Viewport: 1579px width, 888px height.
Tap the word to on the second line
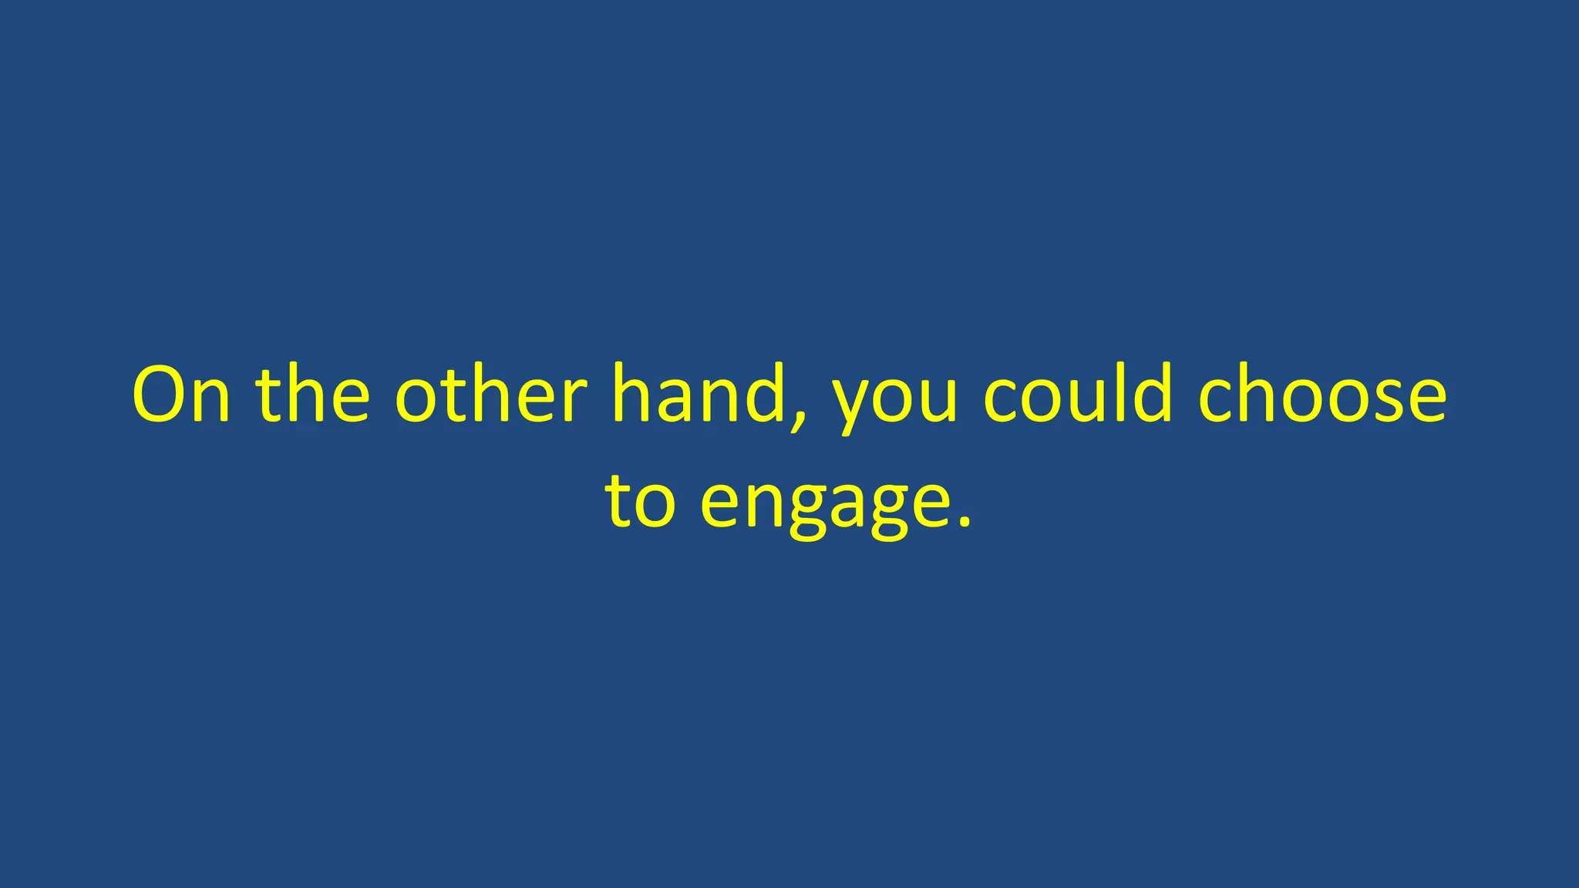[x=641, y=501]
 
